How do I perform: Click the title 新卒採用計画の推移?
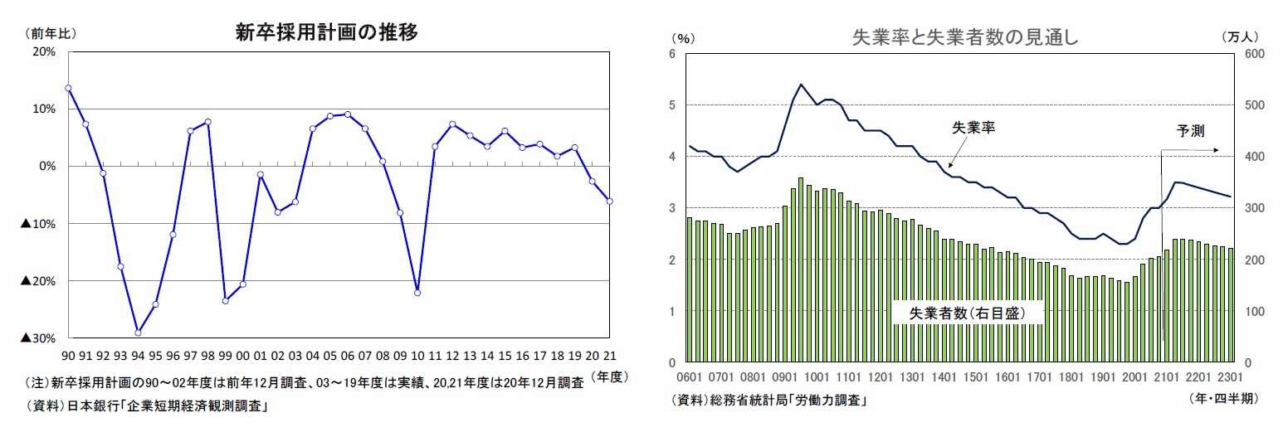326,33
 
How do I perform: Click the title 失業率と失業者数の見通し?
964,37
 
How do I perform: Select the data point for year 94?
138,333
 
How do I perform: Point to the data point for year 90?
68,88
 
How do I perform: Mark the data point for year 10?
417,293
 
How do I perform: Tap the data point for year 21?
610,201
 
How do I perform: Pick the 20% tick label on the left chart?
44,51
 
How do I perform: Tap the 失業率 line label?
973,129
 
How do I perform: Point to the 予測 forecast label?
1189,130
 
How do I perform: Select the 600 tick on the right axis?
1254,54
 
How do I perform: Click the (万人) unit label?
1241,36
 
